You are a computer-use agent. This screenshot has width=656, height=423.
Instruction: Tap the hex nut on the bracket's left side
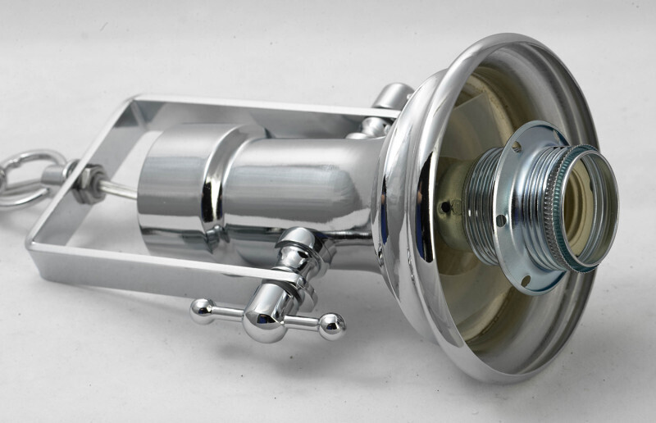(84, 182)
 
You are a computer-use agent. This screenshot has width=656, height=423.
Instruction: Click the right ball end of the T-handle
(331, 325)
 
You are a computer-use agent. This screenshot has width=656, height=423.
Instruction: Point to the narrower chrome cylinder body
(303, 189)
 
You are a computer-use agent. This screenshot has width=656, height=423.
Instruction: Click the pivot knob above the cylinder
(392, 98)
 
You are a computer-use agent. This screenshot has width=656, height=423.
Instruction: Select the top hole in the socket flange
(518, 148)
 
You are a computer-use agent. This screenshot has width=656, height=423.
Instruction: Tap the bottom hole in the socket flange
(526, 280)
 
